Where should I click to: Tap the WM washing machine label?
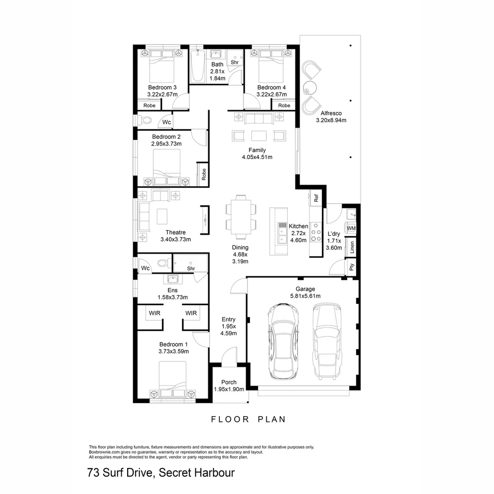(x=351, y=228)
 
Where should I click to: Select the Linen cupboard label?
(x=351, y=247)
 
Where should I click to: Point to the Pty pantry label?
(x=351, y=267)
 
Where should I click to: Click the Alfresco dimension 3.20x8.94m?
(x=331, y=120)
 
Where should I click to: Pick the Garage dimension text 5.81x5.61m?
(x=305, y=296)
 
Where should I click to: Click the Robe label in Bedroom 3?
(x=150, y=106)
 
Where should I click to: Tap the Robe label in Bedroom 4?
(x=284, y=106)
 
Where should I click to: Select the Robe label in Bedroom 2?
(x=204, y=174)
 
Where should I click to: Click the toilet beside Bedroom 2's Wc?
(x=145, y=121)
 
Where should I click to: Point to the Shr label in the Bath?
(x=235, y=62)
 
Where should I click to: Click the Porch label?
(x=229, y=382)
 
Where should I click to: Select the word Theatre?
(x=175, y=232)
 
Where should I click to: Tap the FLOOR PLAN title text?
(x=248, y=419)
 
